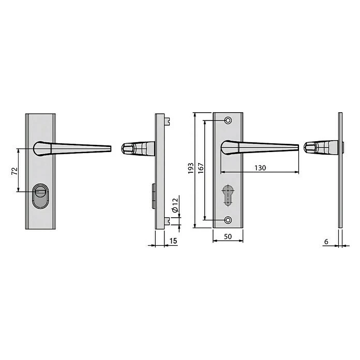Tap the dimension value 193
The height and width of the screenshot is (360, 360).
pyautogui.click(x=191, y=169)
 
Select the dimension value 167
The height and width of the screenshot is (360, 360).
pyautogui.click(x=201, y=169)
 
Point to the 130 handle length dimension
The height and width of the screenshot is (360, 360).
pyautogui.click(x=260, y=168)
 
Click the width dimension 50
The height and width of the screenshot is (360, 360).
pyautogui.click(x=227, y=236)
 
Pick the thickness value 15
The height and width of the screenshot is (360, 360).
pyautogui.click(x=173, y=241)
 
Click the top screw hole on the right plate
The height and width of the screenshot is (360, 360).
pyautogui.click(x=228, y=121)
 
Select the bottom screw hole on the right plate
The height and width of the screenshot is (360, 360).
pyautogui.click(x=228, y=219)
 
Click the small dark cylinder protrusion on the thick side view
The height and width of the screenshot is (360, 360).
pyautogui.click(x=154, y=196)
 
